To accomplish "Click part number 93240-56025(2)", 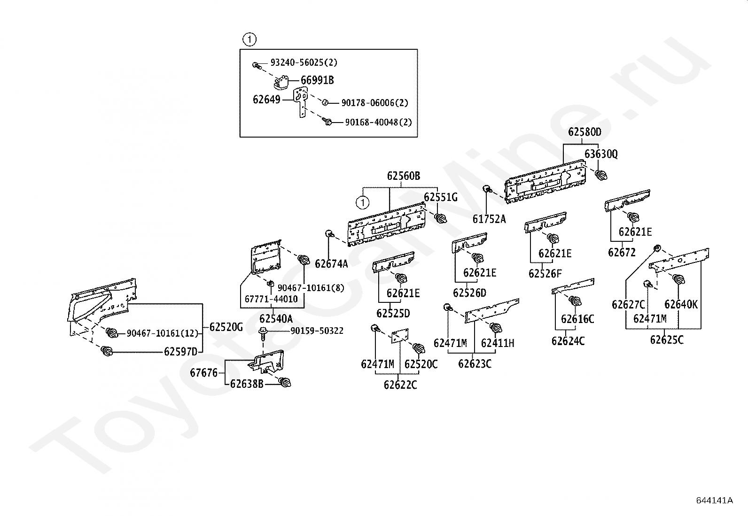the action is tap(304, 62).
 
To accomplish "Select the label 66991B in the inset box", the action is tap(317, 80).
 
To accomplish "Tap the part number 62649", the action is tap(266, 100).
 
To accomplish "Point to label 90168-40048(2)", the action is tap(378, 122).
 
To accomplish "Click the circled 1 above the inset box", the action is tap(249, 39).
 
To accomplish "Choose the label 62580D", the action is tap(584, 132).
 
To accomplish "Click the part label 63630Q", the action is tap(601, 154).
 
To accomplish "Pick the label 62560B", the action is tap(404, 176).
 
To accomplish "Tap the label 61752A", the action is tap(489, 219).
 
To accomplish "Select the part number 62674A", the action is tap(331, 264).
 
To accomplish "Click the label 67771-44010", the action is tap(271, 299).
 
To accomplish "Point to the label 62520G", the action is tap(226, 327).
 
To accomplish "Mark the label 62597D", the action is tap(180, 352).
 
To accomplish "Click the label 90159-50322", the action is tap(317, 331).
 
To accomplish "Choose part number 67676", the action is tap(204, 372).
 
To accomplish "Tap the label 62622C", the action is tap(400, 385).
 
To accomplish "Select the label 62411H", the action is tap(498, 343).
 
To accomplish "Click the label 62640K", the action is tap(681, 304).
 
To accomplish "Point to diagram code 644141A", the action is tap(715, 500).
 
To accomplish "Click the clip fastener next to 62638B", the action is tap(285, 382).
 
